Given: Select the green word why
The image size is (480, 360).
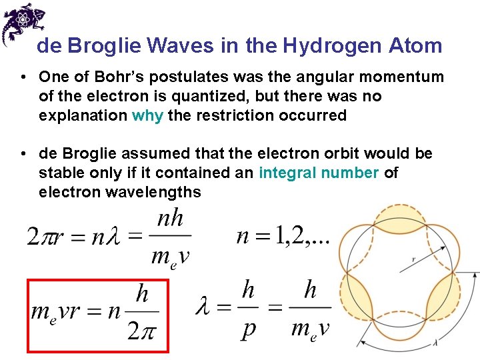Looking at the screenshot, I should click(x=147, y=115).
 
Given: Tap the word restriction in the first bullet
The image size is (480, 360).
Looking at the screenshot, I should click(x=237, y=115).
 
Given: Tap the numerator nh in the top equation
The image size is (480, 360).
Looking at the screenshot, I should click(x=171, y=219).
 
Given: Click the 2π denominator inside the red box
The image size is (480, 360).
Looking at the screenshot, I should click(x=142, y=331).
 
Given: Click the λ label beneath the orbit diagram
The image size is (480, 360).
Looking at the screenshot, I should click(x=435, y=343).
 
